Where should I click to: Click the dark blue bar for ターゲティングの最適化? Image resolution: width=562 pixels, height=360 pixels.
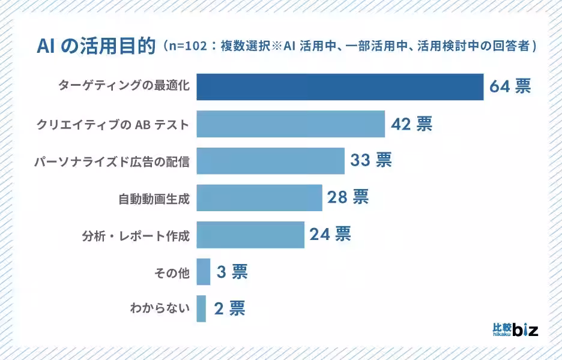click(x=340, y=87)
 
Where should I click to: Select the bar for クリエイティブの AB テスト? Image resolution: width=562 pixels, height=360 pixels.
click(x=291, y=124)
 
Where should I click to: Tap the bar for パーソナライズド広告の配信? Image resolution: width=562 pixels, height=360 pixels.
click(x=270, y=161)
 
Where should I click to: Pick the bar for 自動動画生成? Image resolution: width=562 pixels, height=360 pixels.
click(x=259, y=197)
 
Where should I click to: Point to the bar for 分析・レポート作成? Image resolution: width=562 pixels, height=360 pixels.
click(x=250, y=235)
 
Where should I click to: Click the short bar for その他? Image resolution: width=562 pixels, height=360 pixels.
click(x=204, y=272)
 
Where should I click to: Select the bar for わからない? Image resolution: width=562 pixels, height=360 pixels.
click(x=201, y=309)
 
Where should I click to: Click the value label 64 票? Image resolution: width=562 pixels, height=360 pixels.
click(x=510, y=87)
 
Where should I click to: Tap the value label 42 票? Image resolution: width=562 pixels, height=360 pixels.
click(x=411, y=124)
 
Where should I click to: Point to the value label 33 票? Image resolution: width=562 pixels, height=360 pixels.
click(x=371, y=161)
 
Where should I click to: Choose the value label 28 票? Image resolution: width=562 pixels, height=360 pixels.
click(x=348, y=197)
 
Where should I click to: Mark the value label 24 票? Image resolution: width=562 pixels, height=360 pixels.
click(x=330, y=235)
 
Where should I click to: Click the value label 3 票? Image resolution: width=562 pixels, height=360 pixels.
click(x=232, y=272)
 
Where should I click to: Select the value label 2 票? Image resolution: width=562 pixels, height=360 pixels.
click(x=229, y=309)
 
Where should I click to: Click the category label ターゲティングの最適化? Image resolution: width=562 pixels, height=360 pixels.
click(x=124, y=87)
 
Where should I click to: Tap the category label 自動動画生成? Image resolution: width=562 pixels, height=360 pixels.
click(x=154, y=198)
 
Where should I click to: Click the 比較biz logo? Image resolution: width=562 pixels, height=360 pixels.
click(x=515, y=329)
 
